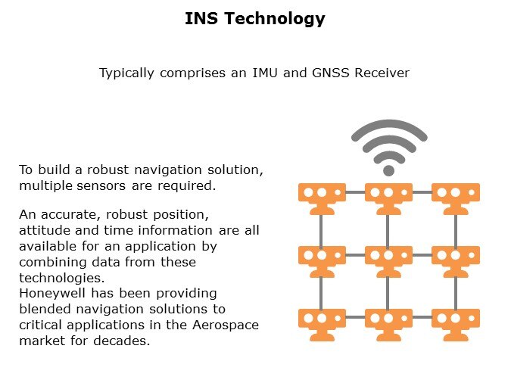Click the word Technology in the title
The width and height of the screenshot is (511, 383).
point(274,19)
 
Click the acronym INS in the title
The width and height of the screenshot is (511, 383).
point(201,18)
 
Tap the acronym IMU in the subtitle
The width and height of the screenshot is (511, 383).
point(265,73)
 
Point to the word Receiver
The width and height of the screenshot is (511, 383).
point(382,73)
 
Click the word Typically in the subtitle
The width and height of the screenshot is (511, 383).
point(126,73)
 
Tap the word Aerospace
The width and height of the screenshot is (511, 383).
point(226,325)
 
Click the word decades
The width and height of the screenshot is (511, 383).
point(122,341)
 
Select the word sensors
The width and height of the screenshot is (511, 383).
point(101,185)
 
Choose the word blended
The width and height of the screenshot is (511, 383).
point(45,309)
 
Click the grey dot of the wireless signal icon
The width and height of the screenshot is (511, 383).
point(388,170)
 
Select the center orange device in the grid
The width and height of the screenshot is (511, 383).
point(388,262)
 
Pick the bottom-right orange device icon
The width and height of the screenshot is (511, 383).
point(456,325)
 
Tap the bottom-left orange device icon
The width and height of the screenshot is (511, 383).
point(322,325)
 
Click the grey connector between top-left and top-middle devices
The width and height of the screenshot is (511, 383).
point(355,192)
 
